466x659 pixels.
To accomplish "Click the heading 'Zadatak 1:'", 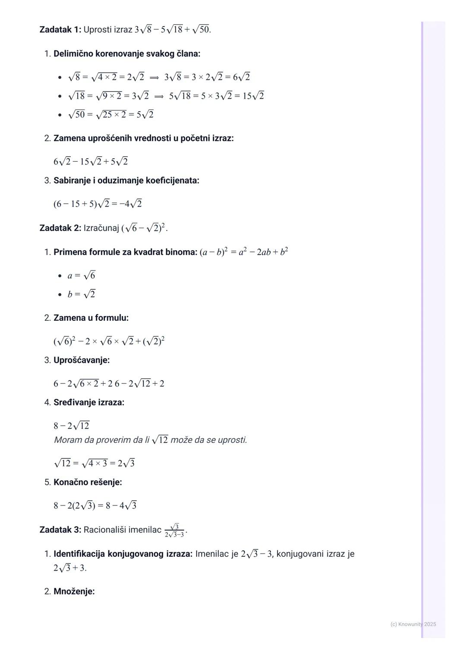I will tap(60, 30).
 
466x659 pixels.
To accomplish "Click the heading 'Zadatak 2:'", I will tap(60, 228).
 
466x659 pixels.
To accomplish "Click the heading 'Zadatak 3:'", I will tap(60, 530).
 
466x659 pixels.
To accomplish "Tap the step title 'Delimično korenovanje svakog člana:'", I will tap(126, 54).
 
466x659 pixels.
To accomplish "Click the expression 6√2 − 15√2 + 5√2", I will tap(91, 162).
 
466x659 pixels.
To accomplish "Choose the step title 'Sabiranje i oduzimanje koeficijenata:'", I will tap(126, 181).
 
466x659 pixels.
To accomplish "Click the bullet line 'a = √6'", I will tap(81, 276).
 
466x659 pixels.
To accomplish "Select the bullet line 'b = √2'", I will tap(81, 295).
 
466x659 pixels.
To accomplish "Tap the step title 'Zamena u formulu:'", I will tap(91, 318).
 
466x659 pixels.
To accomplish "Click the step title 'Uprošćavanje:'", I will tap(81, 360).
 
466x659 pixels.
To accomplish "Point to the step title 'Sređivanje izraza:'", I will tap(88, 402).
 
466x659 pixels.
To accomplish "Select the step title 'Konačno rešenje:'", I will tap(88, 482).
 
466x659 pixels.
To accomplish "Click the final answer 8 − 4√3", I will tap(121, 505).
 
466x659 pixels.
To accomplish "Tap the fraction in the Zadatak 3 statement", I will tap(174, 530).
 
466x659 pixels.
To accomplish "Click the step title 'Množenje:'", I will tap(74, 591).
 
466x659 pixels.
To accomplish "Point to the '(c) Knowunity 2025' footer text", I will tap(413, 624).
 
